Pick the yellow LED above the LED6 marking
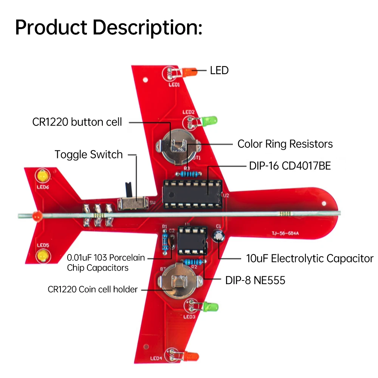[42, 176]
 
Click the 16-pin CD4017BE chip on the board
[193, 193]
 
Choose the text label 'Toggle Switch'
[88, 155]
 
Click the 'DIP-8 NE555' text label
[255, 280]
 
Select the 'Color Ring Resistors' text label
[285, 144]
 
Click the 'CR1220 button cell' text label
[77, 122]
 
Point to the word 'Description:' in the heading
[148, 27]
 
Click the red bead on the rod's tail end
[36, 215]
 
